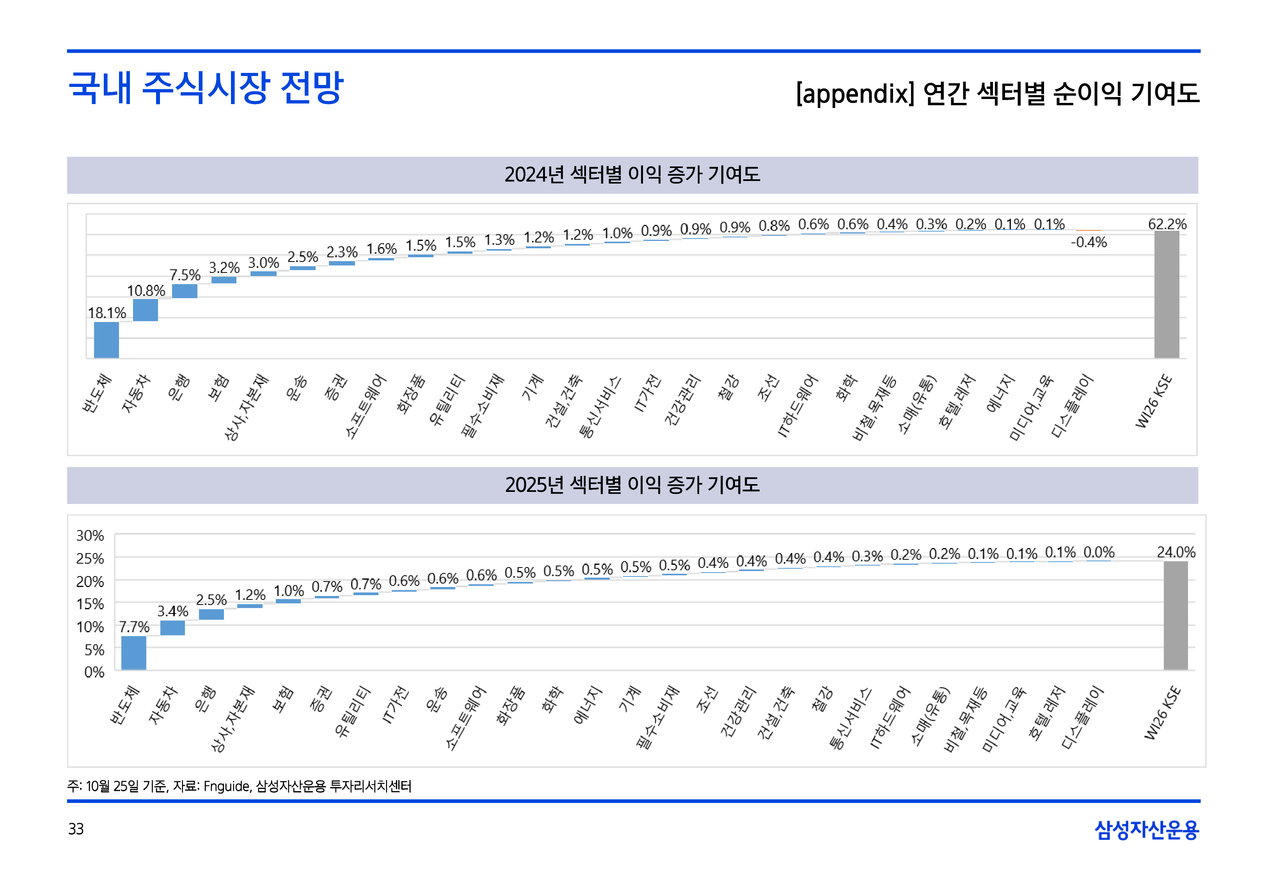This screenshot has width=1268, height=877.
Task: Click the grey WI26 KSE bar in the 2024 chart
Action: (x=1166, y=295)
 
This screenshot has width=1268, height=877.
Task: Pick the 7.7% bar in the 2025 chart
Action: (x=133, y=653)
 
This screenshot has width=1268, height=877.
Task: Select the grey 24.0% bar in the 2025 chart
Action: (x=1175, y=615)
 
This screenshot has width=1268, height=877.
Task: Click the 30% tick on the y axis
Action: (x=90, y=535)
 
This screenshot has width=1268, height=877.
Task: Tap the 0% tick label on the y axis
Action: (x=94, y=672)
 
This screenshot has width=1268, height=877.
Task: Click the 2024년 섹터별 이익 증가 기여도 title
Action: (x=632, y=175)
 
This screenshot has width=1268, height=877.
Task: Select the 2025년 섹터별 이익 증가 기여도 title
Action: (x=632, y=484)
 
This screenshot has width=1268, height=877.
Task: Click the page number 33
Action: (x=76, y=829)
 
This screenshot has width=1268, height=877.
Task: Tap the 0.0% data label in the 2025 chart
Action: (x=1099, y=552)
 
